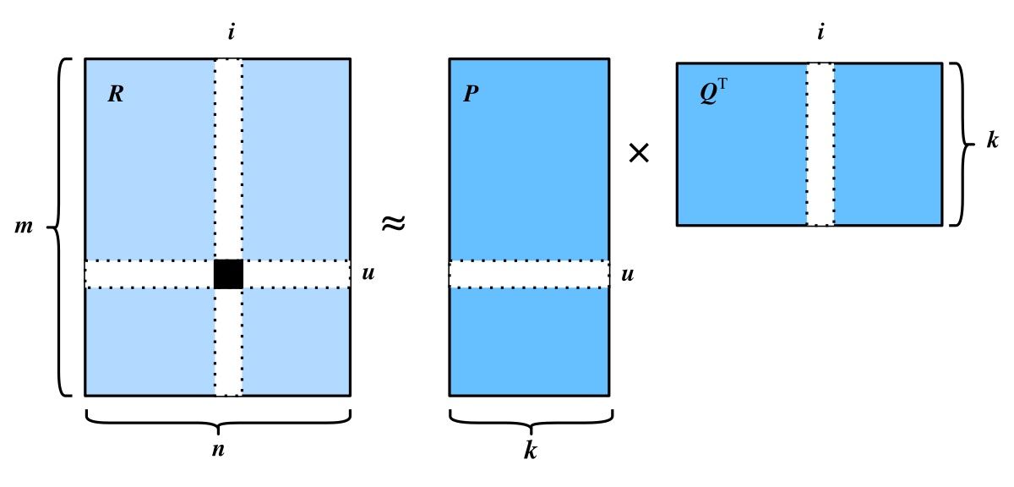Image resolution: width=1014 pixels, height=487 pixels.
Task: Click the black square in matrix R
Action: point(228,274)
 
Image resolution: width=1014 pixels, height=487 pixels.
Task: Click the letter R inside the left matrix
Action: point(116,94)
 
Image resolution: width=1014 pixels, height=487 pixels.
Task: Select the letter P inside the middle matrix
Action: point(471,94)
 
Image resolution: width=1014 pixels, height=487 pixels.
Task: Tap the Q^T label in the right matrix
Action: point(713,92)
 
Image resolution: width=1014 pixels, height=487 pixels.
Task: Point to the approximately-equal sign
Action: point(394,223)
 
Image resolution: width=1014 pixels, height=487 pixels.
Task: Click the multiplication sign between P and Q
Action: point(639,153)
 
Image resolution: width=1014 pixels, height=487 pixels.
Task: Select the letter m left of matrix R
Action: point(24,227)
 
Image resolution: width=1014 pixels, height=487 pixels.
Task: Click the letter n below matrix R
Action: point(218,450)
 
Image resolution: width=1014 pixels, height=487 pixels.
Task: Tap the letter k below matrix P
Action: point(531,450)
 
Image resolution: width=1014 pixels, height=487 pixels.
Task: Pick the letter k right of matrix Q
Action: point(993,140)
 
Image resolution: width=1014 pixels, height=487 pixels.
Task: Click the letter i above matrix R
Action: point(232,33)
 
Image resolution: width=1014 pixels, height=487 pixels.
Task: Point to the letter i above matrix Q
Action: point(820,32)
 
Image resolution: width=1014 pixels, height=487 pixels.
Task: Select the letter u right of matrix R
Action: point(368,273)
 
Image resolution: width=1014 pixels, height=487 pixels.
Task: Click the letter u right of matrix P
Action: point(627,275)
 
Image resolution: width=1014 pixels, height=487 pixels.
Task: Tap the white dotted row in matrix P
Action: point(529,274)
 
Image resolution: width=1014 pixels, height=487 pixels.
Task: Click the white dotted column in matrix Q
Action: point(820,144)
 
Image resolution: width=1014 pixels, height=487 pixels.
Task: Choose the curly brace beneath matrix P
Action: point(531,422)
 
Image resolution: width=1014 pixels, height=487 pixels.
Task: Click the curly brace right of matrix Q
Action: point(962,144)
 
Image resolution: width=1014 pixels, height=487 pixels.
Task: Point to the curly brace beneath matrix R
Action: point(218,422)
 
